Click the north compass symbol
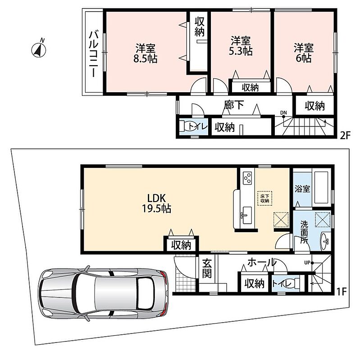tap(39, 49)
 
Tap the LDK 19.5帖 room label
tap(156, 203)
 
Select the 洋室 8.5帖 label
tap(145, 54)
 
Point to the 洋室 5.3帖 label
tap(241, 46)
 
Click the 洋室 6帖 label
tap(304, 53)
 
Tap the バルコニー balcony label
tap(94, 54)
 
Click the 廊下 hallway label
tap(234, 105)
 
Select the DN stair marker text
tap(283, 113)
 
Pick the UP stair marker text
tap(307, 263)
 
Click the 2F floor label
tap(345, 136)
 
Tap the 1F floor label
tap(342, 292)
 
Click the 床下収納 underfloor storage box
tap(264, 198)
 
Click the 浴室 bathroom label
tap(302, 189)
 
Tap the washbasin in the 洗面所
tap(326, 241)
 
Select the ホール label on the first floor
tap(262, 262)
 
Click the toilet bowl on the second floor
tap(188, 126)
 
